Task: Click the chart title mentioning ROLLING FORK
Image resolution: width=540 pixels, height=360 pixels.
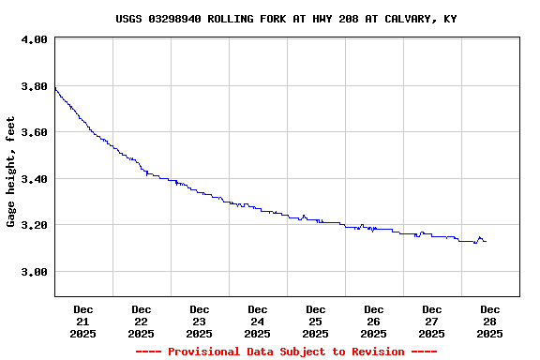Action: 286,19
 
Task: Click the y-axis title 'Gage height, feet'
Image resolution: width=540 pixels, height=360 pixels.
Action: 11,172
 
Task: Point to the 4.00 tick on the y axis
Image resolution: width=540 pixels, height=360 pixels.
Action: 34,40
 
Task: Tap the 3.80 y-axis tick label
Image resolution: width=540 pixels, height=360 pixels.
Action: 34,86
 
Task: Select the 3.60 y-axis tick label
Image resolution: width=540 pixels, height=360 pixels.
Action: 34,132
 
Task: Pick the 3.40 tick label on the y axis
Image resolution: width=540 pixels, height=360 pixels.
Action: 34,179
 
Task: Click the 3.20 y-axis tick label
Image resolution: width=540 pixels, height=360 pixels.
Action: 34,225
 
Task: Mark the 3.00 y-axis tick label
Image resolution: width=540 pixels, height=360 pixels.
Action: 34,272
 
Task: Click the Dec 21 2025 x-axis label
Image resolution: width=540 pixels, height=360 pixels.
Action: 83,321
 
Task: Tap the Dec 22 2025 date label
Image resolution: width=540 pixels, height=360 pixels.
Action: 142,321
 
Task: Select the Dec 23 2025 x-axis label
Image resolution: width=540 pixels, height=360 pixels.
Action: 200,321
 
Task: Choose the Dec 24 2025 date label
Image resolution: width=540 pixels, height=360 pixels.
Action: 258,321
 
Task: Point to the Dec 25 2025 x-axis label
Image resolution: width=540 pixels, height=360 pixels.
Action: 316,321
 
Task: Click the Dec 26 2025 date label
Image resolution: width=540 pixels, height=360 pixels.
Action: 374,321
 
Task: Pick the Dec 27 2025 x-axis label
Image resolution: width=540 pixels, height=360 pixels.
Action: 432,321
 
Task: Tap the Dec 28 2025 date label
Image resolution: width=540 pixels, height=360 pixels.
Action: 490,321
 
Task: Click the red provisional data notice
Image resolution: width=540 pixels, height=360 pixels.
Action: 286,352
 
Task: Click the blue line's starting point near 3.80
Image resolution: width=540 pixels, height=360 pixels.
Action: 55,88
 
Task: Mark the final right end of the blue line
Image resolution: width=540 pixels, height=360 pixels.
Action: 486,242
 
